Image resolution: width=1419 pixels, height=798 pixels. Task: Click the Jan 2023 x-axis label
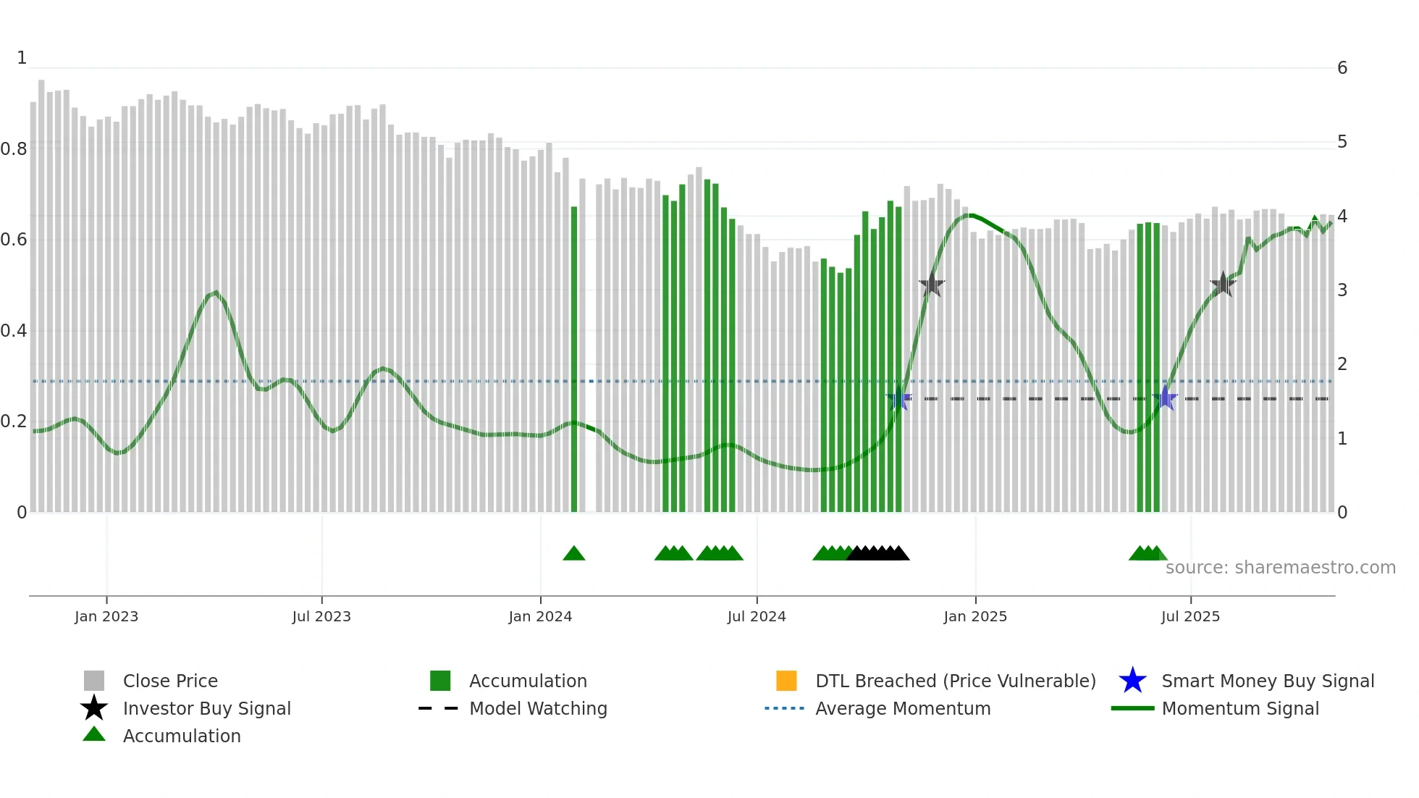coord(106,616)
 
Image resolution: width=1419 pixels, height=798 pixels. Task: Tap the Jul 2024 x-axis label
coord(757,616)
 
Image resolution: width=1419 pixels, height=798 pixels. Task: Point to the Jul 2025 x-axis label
coord(1190,616)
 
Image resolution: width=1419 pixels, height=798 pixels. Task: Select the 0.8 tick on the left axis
coord(14,149)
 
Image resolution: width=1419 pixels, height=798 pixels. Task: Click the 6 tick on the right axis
coord(1342,68)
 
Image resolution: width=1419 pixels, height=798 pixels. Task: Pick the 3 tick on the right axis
coord(1342,290)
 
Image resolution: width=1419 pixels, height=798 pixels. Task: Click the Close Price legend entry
coord(169,681)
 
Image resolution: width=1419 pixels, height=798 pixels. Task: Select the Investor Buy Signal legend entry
coord(206,708)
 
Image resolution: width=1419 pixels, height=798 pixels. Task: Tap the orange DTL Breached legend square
coord(786,681)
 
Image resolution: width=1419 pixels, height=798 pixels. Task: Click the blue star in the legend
coord(1132,681)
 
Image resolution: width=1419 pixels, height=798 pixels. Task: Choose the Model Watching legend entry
coord(537,708)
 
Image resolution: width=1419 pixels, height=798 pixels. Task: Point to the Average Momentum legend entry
coord(902,708)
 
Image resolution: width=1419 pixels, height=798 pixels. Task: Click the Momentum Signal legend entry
coord(1239,708)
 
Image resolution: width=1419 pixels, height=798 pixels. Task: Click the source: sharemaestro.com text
coord(1280,568)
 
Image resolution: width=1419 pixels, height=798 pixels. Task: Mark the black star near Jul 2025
coord(1223,285)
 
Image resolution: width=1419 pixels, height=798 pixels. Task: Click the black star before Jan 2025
coord(932,285)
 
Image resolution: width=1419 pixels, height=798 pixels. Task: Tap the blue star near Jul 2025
coord(1165,398)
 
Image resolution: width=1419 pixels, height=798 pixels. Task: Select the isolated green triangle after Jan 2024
coord(574,554)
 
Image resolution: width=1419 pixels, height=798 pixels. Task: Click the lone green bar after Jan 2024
coord(574,359)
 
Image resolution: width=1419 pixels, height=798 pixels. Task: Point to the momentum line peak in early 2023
coord(215,293)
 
